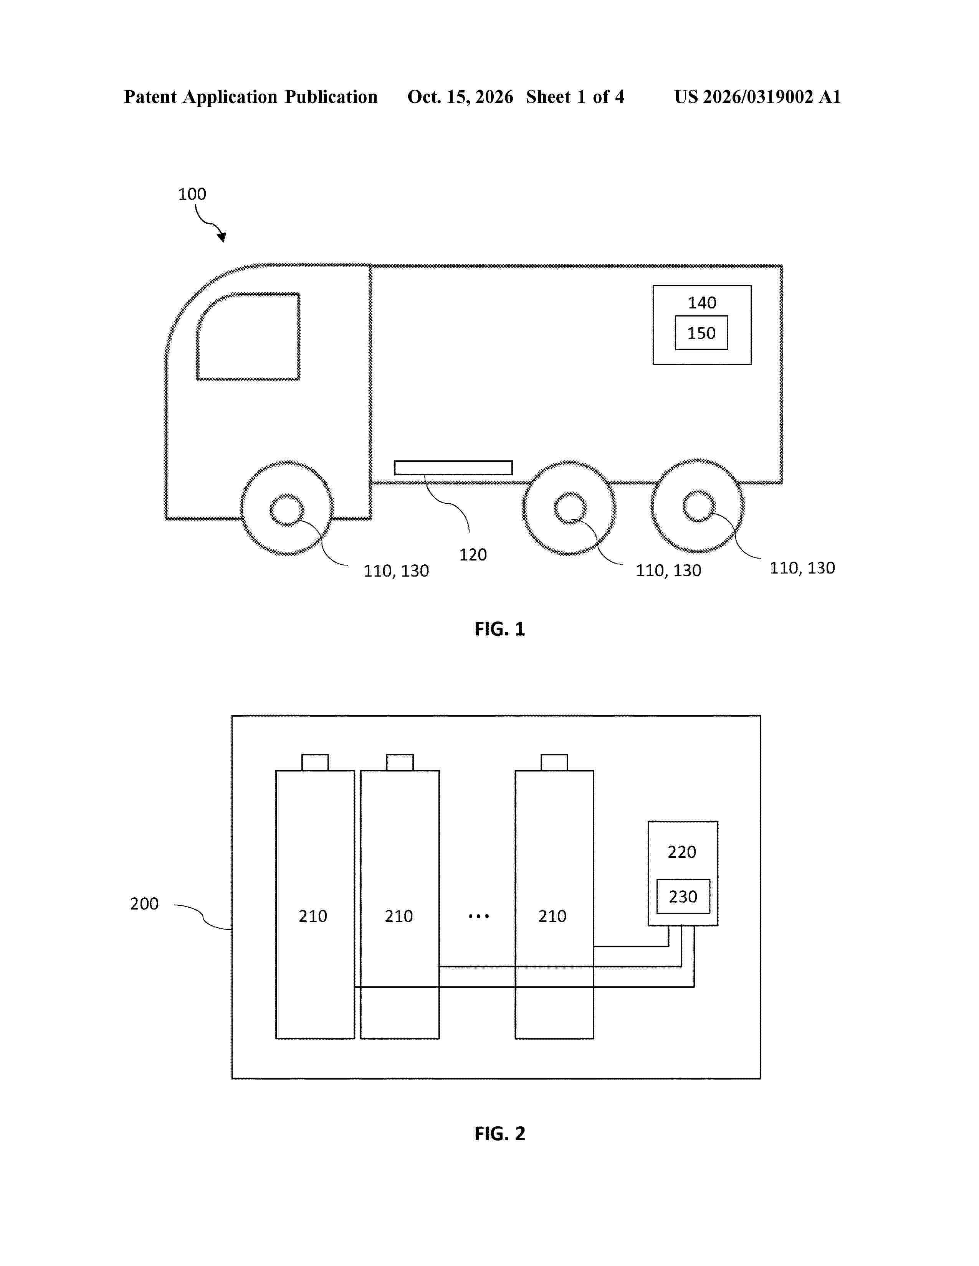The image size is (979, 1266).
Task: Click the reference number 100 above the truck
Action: pyautogui.click(x=192, y=194)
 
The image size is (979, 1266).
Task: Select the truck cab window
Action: pyautogui.click(x=248, y=337)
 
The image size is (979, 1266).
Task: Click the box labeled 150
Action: pyautogui.click(x=701, y=333)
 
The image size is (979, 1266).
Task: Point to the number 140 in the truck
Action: pyautogui.click(x=702, y=303)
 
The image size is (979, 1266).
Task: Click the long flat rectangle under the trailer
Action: pyautogui.click(x=453, y=468)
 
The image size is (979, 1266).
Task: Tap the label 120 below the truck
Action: pyautogui.click(x=473, y=555)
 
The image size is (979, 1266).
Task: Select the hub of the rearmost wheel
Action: pyautogui.click(x=698, y=506)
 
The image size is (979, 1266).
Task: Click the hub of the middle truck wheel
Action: pyautogui.click(x=570, y=508)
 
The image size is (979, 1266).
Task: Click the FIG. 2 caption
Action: pyautogui.click(x=499, y=1133)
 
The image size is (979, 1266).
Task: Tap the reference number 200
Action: pyautogui.click(x=144, y=904)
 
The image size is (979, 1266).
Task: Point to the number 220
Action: pyautogui.click(x=681, y=852)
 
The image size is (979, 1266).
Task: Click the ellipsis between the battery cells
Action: pyautogui.click(x=478, y=917)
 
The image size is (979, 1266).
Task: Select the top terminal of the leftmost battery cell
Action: pyautogui.click(x=315, y=762)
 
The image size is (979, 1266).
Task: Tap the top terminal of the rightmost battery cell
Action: pyautogui.click(x=554, y=762)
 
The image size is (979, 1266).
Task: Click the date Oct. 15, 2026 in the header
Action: pyautogui.click(x=460, y=97)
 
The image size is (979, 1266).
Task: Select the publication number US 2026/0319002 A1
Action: pyautogui.click(x=757, y=97)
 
